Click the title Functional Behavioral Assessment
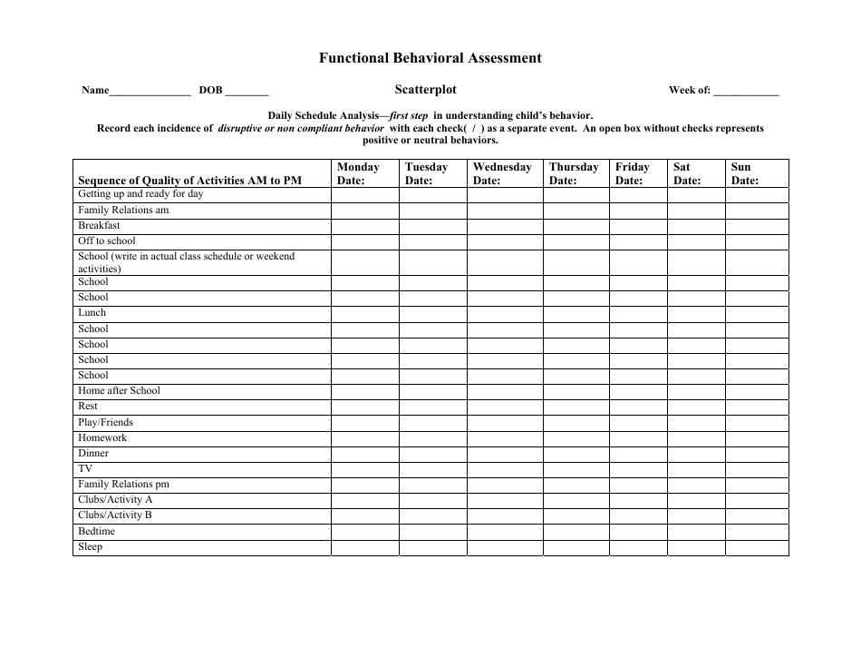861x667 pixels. (x=430, y=58)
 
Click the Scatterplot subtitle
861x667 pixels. (x=425, y=90)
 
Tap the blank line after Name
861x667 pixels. (x=150, y=92)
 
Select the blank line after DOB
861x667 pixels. (x=247, y=92)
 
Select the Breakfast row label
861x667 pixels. (x=99, y=226)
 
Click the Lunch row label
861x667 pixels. (x=92, y=313)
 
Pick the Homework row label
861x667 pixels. (x=102, y=437)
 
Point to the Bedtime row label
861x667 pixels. (x=96, y=531)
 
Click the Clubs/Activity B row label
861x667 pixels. (x=115, y=515)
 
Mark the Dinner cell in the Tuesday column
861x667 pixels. (x=432, y=454)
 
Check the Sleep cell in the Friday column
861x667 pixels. (x=638, y=547)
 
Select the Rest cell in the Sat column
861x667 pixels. (x=696, y=407)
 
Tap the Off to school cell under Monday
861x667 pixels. (x=364, y=241)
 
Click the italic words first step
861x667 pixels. (x=409, y=116)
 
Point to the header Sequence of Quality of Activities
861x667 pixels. (x=189, y=181)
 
